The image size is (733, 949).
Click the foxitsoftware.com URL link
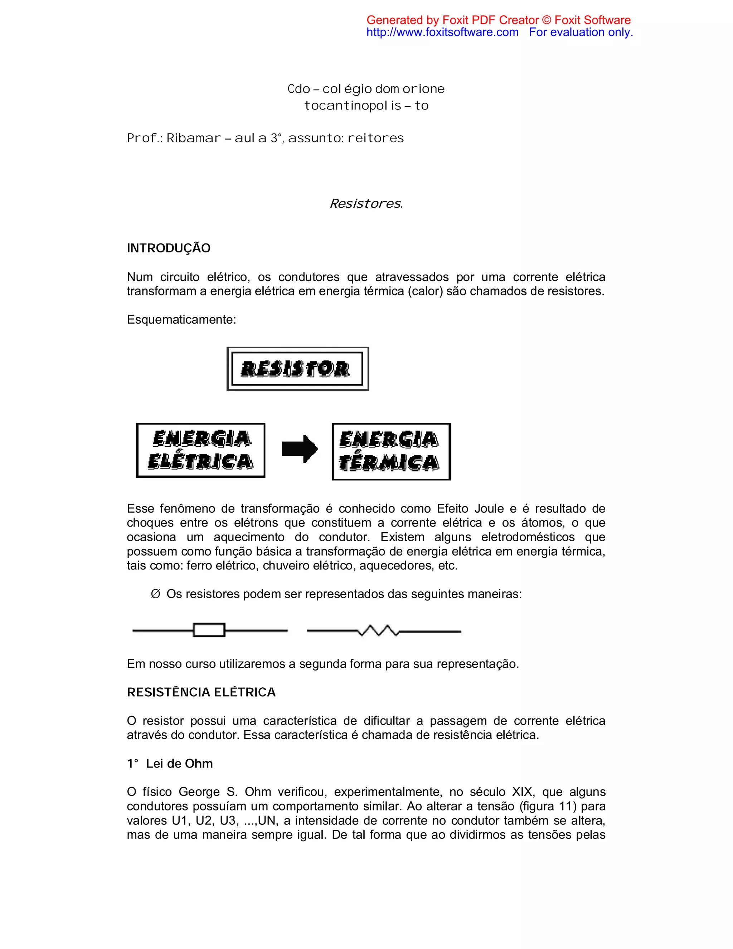pos(442,32)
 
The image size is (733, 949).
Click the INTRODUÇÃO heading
pos(169,248)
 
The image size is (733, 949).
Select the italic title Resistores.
pos(366,203)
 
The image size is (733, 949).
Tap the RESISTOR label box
pos(298,369)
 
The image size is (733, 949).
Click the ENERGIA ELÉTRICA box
pos(200,451)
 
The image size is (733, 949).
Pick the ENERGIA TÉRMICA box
pos(391,452)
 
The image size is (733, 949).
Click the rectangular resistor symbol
pos(209,630)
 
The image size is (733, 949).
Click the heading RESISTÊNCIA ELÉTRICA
pos(201,692)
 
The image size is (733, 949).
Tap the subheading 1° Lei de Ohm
pos(170,764)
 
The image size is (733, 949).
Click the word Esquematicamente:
pos(181,320)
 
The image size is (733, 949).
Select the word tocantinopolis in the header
pos(353,106)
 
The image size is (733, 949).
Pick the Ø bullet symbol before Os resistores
pos(155,594)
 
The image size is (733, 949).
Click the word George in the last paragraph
pos(199,792)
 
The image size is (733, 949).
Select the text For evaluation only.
pos(581,32)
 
